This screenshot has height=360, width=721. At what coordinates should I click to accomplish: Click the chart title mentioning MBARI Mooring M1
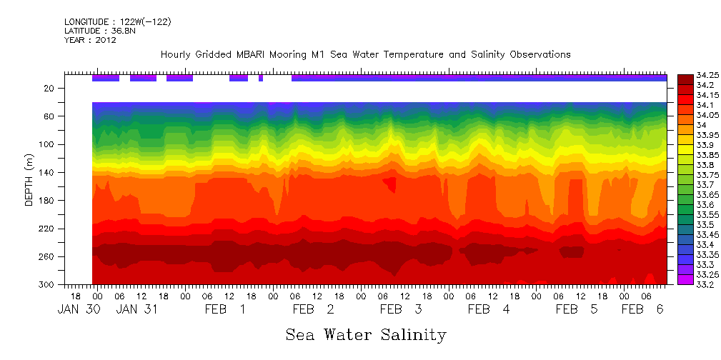(365, 54)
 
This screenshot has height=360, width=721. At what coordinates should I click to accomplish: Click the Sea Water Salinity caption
(366, 334)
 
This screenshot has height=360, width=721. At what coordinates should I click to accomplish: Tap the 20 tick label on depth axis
(50, 89)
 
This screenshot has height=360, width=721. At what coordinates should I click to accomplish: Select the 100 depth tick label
(48, 144)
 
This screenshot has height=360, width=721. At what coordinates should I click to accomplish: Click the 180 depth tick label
(48, 201)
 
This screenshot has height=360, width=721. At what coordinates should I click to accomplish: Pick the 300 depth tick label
(48, 285)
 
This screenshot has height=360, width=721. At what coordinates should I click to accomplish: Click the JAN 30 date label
(75, 309)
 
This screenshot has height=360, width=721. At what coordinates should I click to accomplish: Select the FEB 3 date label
(400, 309)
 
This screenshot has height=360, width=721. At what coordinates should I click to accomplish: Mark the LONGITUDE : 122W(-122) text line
(117, 22)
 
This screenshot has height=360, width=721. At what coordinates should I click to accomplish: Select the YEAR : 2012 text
(90, 40)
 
